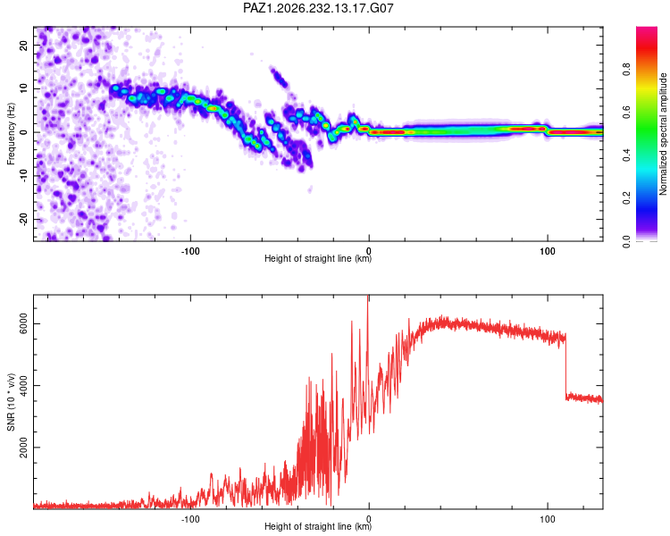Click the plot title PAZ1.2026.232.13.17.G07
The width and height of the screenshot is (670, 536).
pos(318,8)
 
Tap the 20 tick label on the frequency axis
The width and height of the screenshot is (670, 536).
pos(24,45)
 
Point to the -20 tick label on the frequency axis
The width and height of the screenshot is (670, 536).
pos(24,220)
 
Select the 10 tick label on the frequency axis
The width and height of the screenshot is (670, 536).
pos(24,88)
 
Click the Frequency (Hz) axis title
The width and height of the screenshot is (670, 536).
pos(11,134)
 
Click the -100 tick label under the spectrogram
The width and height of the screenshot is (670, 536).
pos(190,251)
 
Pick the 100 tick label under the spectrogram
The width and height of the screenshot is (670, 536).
pos(548,251)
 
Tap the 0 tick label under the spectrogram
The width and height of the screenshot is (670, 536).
pos(369,251)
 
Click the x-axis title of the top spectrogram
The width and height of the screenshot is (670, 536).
pos(318,258)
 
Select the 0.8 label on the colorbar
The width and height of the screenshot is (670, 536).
pos(626,69)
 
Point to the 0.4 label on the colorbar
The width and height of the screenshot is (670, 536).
pos(626,155)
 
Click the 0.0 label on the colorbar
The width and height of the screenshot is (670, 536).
pos(626,241)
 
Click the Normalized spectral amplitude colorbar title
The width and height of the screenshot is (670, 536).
pos(663,134)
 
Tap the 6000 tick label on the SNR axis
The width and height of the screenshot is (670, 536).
pos(24,324)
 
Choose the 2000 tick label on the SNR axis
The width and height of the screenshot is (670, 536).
pos(24,448)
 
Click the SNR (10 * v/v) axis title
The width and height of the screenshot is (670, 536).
pos(11,402)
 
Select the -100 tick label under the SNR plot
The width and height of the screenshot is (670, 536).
pos(190,519)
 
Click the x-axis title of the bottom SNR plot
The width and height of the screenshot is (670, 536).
pos(318,526)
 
